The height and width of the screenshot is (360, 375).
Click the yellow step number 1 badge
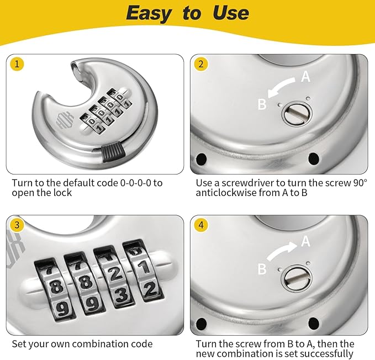click(18, 64)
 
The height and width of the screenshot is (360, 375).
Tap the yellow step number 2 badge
click(200, 64)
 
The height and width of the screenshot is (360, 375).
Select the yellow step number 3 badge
click(18, 225)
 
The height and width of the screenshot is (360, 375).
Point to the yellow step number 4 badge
click(200, 225)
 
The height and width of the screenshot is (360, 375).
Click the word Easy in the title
click(149, 13)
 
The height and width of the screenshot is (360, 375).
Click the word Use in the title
click(228, 13)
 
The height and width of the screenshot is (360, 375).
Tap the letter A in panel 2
click(305, 77)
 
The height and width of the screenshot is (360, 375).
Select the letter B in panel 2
click(262, 104)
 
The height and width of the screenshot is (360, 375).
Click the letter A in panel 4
click(305, 241)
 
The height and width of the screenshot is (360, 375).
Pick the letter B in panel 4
click(262, 269)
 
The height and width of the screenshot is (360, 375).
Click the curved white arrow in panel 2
click(283, 87)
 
